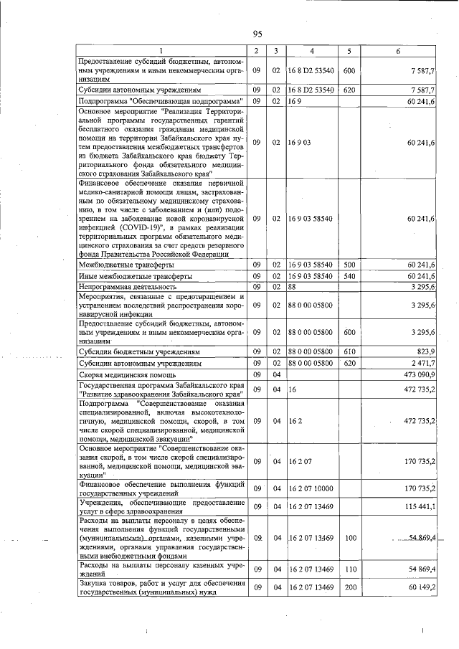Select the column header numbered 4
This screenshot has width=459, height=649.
[x=311, y=50]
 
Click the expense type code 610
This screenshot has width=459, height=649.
[x=349, y=351]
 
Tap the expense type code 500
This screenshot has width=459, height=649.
[x=349, y=265]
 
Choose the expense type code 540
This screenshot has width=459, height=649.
[x=349, y=276]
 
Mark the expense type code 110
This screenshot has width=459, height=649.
[x=349, y=568]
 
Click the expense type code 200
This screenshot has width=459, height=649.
[x=349, y=587]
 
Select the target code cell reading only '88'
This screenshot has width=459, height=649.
[x=293, y=287]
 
